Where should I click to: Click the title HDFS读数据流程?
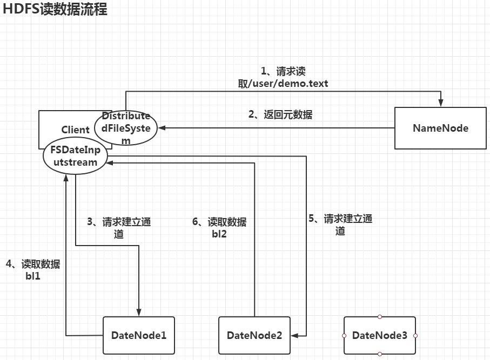[x=55, y=9]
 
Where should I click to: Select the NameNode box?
[x=440, y=128]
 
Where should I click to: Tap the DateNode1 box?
[x=139, y=335]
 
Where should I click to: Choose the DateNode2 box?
[x=254, y=335]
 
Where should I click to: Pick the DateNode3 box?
[x=380, y=335]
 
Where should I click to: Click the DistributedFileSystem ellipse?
[x=126, y=128]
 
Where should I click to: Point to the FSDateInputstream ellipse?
[x=75, y=157]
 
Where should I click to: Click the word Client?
[x=75, y=130]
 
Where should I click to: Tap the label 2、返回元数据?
[x=280, y=114]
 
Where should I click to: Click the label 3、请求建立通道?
[x=119, y=227]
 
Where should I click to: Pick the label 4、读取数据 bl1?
[x=32, y=269]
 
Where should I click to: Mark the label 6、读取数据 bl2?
[x=219, y=227]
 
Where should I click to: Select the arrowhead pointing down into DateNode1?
[x=139, y=313]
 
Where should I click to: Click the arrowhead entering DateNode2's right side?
[x=293, y=335]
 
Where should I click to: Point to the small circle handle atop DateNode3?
[x=380, y=317]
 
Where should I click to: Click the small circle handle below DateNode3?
[x=380, y=354]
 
